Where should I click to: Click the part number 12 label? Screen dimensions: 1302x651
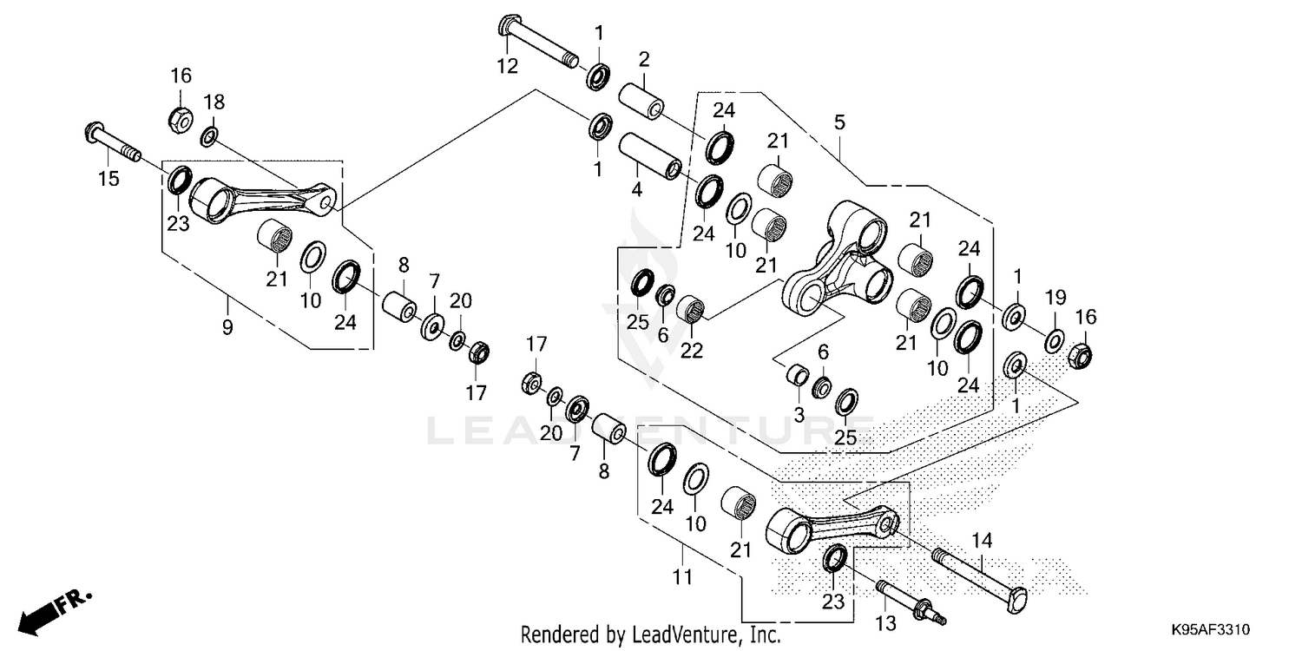coord(508,66)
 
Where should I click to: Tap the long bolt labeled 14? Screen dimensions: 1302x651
coord(980,582)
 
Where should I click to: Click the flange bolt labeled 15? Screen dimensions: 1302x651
coord(113,142)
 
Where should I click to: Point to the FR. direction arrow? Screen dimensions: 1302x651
coord(56,611)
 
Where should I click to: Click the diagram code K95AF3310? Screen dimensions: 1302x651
coord(1210,629)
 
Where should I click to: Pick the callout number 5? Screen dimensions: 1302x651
coord(839,122)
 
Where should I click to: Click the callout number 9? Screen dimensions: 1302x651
coord(227,327)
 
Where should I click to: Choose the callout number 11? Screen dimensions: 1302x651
coord(682,577)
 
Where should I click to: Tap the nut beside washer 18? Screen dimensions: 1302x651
coord(181,119)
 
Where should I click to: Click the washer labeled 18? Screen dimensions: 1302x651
coord(209,137)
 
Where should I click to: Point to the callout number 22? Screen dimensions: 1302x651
coord(692,351)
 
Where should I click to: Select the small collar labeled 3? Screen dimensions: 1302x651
coord(797,374)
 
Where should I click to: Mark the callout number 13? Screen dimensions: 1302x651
coord(886,624)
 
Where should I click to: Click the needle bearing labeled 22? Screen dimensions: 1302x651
coord(691,308)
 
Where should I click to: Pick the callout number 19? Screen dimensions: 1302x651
coord(1055,297)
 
